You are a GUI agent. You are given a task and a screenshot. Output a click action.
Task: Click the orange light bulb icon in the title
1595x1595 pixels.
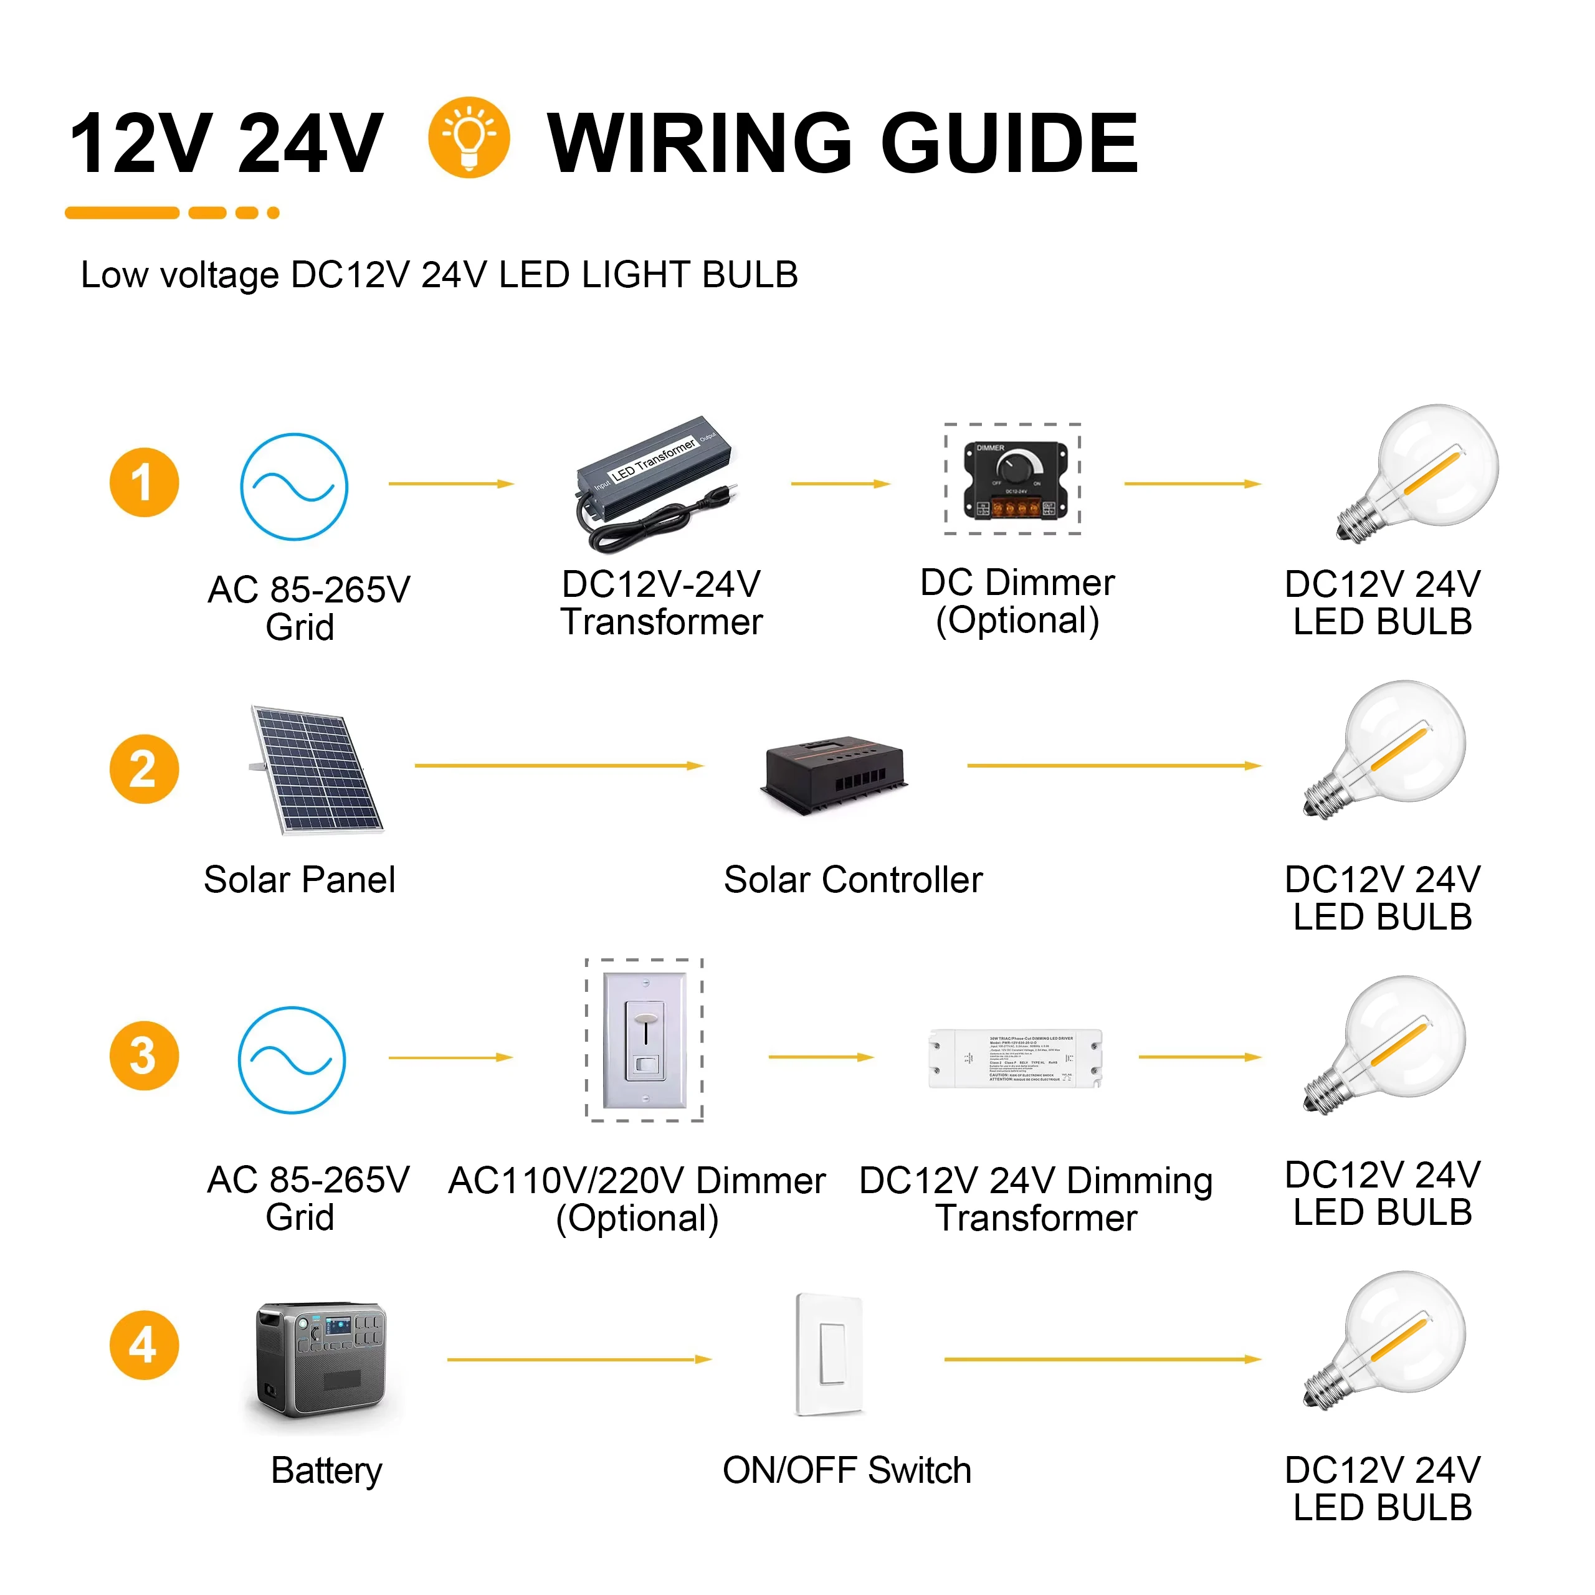point(468,137)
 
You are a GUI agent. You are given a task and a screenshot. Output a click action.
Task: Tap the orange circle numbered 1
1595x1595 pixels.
point(144,483)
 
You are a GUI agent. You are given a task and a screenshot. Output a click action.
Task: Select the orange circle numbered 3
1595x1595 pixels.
point(144,1056)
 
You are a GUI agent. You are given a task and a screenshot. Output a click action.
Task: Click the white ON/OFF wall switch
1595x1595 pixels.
point(830,1354)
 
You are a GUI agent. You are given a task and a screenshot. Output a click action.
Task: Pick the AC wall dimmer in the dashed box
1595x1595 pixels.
point(644,1040)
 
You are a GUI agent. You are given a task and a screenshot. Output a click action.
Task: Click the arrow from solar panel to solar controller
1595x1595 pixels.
point(558,766)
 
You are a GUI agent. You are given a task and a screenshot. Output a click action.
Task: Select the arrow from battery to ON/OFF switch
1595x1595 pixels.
point(578,1359)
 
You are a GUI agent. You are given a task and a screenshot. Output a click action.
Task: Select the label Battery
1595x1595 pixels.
point(327,1470)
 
